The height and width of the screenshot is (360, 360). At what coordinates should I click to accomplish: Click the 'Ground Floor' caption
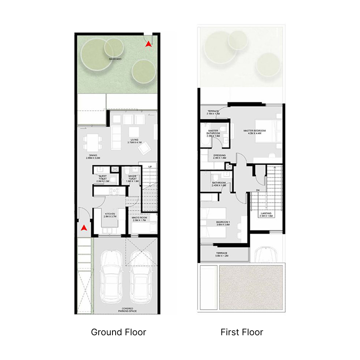tap(118, 333)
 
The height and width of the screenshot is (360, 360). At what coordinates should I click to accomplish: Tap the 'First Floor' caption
tap(242, 333)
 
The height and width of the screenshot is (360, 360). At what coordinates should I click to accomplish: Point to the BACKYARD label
tap(115, 59)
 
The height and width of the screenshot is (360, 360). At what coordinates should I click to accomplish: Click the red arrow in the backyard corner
tap(148, 44)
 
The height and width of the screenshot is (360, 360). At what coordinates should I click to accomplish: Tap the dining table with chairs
tap(93, 143)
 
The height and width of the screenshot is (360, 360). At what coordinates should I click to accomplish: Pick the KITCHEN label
tap(110, 215)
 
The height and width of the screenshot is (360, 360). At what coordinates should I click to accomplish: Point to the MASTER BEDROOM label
tap(255, 132)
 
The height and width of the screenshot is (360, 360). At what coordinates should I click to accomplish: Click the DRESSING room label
tap(220, 157)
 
